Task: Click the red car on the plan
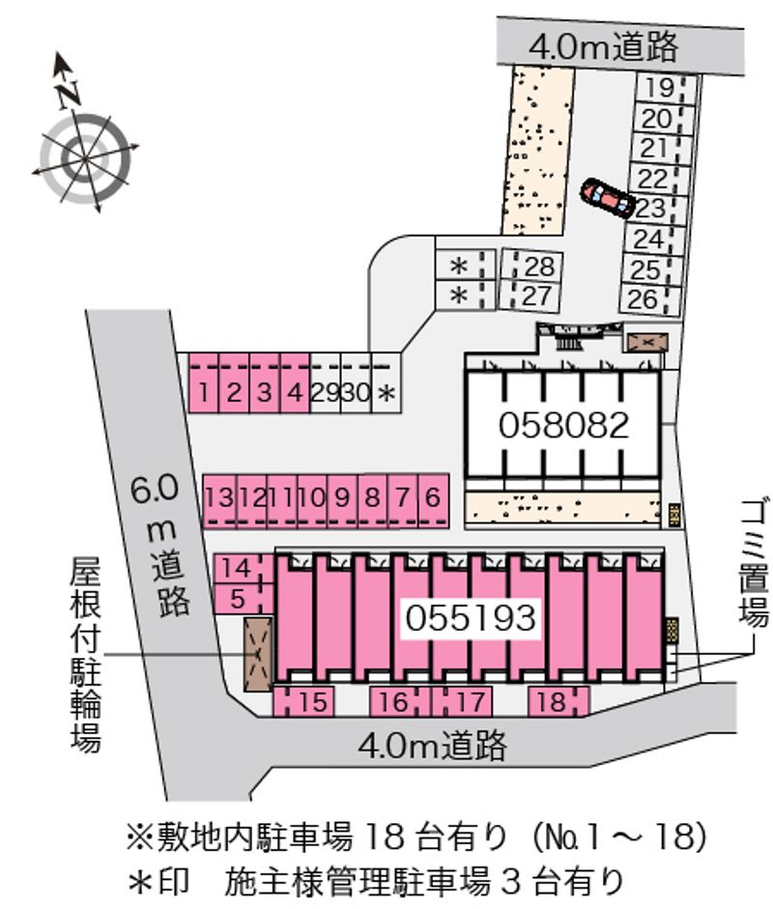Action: click(x=607, y=198)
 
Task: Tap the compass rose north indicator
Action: click(x=67, y=88)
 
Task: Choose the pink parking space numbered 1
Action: click(x=204, y=392)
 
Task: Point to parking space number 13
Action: click(x=219, y=497)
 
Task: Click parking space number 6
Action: click(x=432, y=497)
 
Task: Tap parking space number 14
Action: click(x=237, y=569)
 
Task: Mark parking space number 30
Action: click(x=355, y=392)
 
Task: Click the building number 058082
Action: click(x=564, y=424)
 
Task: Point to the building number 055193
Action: click(x=471, y=617)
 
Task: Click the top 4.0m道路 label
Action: click(x=605, y=45)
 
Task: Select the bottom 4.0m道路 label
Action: click(x=432, y=745)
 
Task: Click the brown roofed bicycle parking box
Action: click(x=258, y=654)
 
